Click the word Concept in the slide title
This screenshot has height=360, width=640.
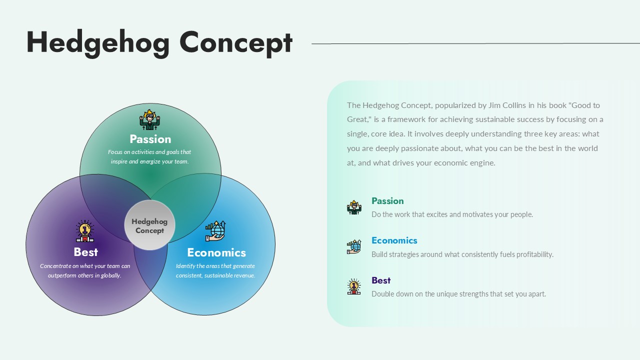click(235, 43)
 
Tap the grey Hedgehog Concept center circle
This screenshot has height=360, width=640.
click(149, 225)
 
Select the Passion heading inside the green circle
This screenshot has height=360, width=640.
click(150, 139)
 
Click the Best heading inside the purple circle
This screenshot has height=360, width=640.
click(85, 252)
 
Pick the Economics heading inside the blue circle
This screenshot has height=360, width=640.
click(216, 252)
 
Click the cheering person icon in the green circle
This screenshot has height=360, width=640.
click(149, 120)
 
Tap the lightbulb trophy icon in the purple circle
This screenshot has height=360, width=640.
click(85, 231)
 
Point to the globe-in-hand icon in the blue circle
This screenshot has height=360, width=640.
click(215, 231)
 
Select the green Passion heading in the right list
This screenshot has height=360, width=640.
click(387, 201)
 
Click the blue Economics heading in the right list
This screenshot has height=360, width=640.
click(394, 240)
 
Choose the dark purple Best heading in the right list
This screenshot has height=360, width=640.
click(381, 280)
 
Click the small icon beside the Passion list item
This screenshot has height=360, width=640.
click(354, 207)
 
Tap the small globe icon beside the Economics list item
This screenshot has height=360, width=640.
click(354, 246)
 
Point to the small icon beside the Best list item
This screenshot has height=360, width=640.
click(354, 286)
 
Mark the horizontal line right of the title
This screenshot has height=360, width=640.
click(475, 43)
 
